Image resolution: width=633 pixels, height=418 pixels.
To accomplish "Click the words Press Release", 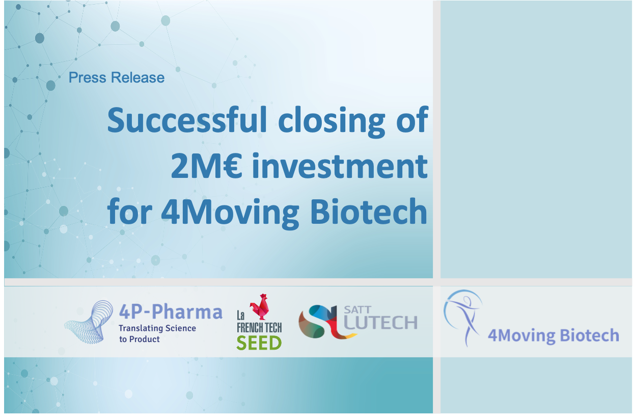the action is click(x=117, y=77).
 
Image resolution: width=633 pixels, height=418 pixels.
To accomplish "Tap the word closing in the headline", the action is click(x=332, y=122).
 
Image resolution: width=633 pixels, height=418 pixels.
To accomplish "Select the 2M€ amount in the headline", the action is click(x=207, y=166).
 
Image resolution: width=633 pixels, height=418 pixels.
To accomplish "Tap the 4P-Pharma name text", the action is click(x=171, y=311).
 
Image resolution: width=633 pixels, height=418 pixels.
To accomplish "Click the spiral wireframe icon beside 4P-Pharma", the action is click(x=89, y=322).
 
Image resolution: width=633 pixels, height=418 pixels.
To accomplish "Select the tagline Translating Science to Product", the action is click(x=157, y=334).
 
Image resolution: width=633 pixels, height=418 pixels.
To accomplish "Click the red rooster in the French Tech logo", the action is click(x=260, y=306).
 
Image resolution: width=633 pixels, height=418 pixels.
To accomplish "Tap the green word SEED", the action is click(x=259, y=343).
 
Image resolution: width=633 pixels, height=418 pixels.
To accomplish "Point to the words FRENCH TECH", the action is click(x=259, y=328).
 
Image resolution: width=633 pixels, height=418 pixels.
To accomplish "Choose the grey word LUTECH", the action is click(x=380, y=323).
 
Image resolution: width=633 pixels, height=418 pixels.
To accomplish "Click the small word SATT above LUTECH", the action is click(x=357, y=310).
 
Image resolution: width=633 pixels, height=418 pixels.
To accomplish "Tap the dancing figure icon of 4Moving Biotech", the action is click(x=463, y=317).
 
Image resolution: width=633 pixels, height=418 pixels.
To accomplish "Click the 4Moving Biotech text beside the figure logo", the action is click(x=554, y=336).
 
